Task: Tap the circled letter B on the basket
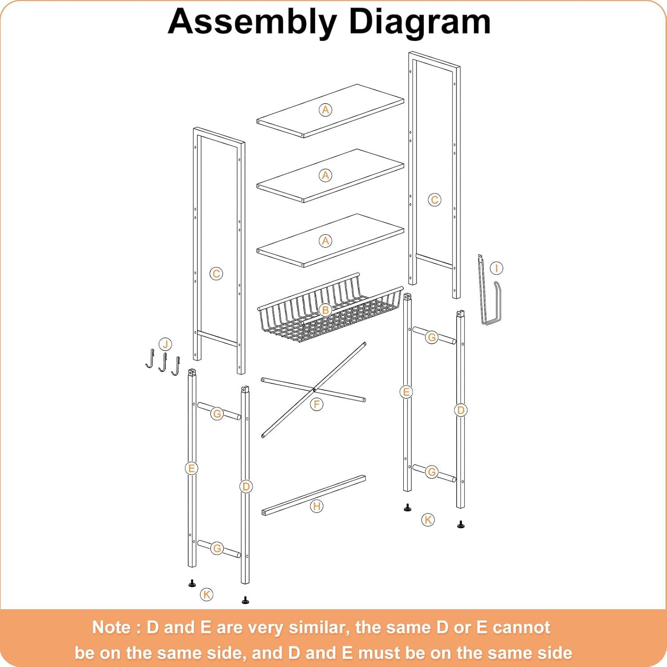[x=325, y=310]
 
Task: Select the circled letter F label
[x=317, y=404]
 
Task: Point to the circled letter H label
[x=317, y=506]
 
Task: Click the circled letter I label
[x=496, y=268]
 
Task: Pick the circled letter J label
[x=165, y=344]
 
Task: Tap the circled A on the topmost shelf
[x=325, y=110]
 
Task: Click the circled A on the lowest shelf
[x=325, y=241]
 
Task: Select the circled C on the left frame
[x=216, y=273]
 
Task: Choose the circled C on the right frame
[x=434, y=200]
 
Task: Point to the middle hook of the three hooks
[x=163, y=362]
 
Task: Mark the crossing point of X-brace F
[x=314, y=390]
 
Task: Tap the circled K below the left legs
[x=207, y=594]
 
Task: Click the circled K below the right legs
[x=428, y=519]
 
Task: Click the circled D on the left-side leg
[x=245, y=486]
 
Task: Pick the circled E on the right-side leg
[x=406, y=392]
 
